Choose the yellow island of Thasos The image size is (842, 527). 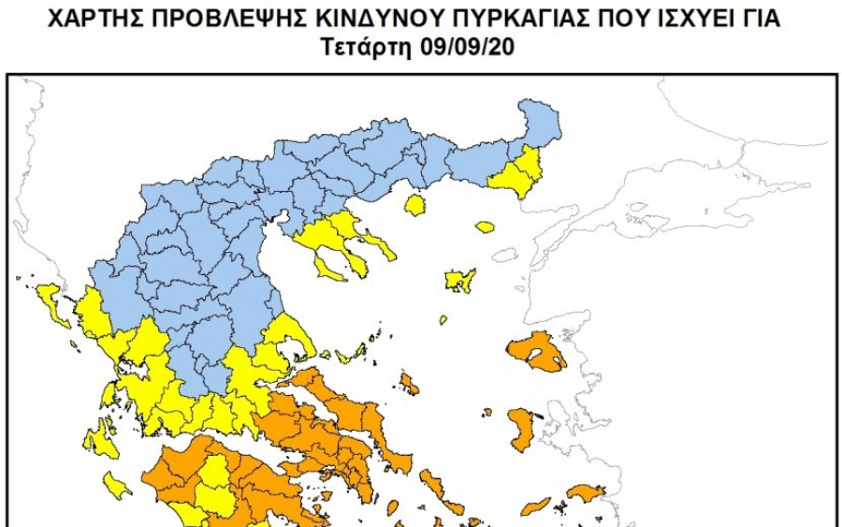414,204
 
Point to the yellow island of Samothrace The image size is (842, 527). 484,227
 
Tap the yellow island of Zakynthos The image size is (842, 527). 118,485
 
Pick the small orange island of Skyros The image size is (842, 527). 409,382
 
